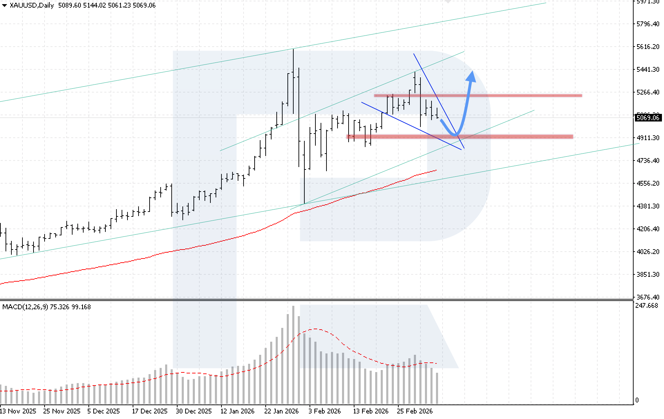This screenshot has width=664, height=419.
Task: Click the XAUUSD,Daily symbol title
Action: click(31, 6)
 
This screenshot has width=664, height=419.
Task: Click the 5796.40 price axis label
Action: click(648, 24)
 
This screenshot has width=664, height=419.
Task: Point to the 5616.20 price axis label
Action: click(648, 47)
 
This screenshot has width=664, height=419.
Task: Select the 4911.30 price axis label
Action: click(648, 138)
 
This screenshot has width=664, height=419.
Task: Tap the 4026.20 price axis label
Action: click(648, 252)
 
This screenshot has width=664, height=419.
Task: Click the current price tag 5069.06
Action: click(648, 118)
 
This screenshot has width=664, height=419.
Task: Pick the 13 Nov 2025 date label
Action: click(18, 411)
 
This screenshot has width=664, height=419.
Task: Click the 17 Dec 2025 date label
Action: click(150, 411)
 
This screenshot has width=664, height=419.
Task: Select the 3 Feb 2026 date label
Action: click(324, 411)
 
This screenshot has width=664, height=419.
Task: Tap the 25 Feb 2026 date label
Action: click(415, 411)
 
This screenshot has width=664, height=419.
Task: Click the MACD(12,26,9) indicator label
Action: click(25, 307)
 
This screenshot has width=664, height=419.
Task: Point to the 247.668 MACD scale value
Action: click(647, 306)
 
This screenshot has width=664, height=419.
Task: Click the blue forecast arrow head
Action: click(471, 77)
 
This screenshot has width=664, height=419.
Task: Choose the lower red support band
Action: click(459, 137)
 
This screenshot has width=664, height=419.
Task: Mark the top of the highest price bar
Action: click(293, 50)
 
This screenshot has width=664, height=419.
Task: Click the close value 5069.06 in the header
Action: click(144, 6)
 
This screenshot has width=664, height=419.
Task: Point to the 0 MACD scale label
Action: click(637, 400)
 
